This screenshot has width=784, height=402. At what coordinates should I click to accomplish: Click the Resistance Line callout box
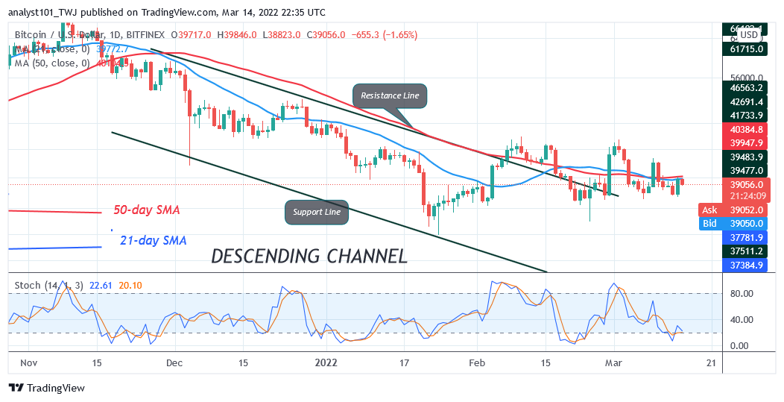click(390, 95)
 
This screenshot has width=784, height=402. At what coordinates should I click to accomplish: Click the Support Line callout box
click(317, 212)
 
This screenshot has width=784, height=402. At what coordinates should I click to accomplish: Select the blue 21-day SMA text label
click(153, 240)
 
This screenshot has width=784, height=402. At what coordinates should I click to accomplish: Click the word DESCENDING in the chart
click(265, 256)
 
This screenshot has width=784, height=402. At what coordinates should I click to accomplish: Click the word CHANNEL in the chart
click(366, 256)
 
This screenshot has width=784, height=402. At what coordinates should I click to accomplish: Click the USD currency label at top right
click(748, 34)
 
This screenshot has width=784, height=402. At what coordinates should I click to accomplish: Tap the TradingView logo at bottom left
click(47, 388)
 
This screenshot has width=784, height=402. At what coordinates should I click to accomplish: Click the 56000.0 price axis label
click(747, 78)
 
